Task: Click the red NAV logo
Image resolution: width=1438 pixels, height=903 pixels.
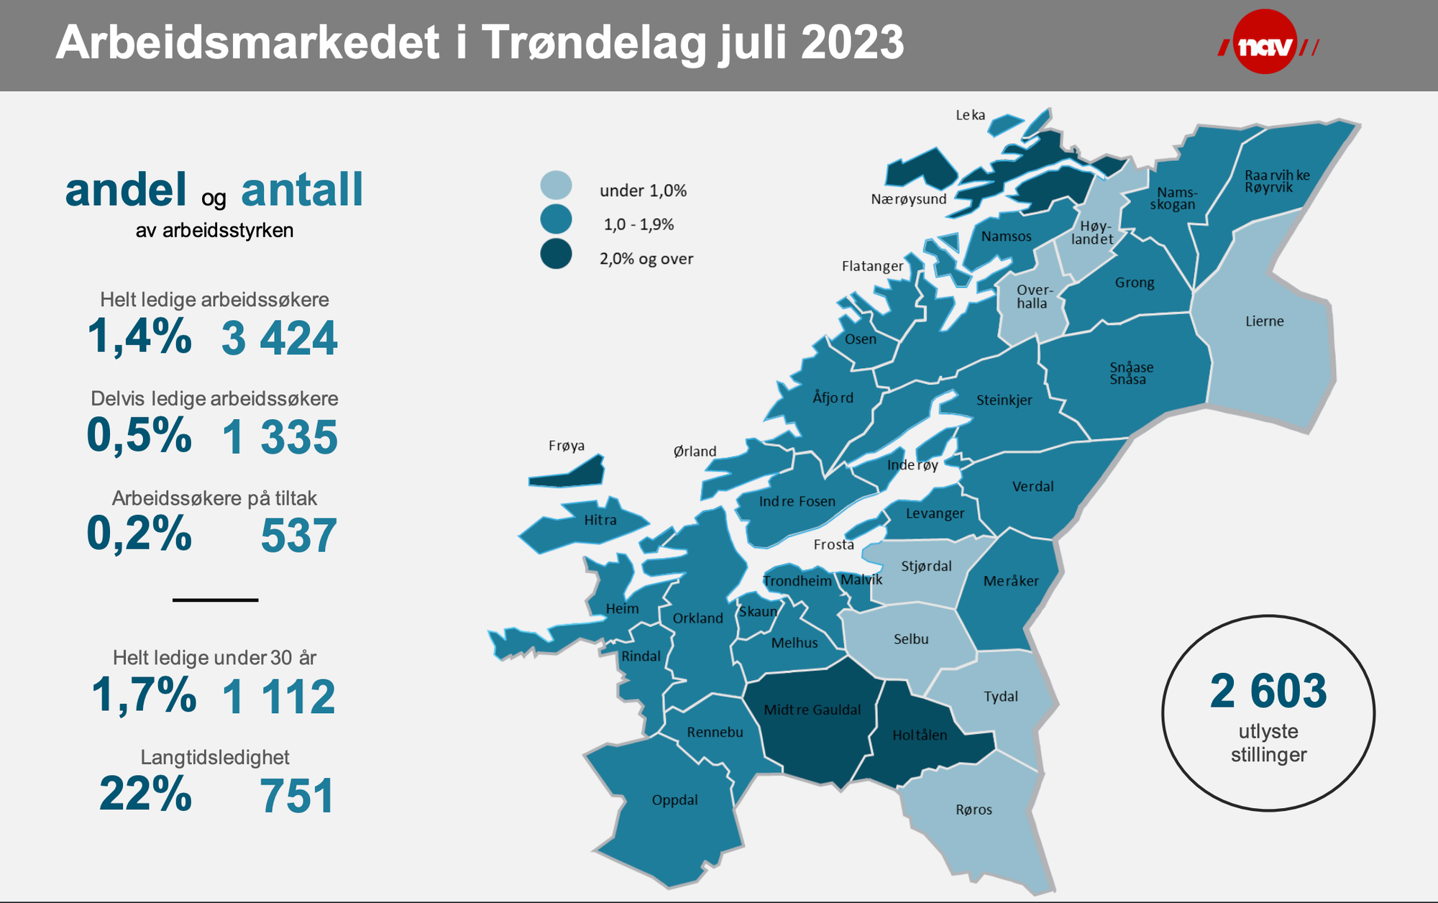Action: (1265, 43)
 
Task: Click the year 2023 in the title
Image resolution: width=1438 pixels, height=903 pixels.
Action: (851, 43)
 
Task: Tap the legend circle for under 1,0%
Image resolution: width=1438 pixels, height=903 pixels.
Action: (556, 185)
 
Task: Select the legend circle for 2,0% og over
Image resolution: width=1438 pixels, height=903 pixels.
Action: (556, 255)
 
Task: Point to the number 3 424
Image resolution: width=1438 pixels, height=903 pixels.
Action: (279, 339)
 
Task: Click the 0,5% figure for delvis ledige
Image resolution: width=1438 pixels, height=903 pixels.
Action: (139, 436)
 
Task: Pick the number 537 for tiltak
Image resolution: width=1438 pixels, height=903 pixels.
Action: (298, 536)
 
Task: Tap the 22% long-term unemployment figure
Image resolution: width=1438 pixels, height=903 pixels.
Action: (145, 794)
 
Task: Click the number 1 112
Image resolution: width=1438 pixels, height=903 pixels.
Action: (278, 697)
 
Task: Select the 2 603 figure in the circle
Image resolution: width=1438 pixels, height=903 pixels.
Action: (1268, 692)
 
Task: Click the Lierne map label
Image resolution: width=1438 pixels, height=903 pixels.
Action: (1264, 321)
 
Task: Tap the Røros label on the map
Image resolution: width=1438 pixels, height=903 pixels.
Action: (974, 810)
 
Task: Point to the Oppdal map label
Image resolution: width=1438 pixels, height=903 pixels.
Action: (674, 800)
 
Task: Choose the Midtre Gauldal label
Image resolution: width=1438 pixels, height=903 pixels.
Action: (812, 710)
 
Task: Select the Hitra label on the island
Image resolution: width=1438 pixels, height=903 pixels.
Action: (600, 521)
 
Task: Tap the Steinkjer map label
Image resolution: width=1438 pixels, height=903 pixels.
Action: (1004, 400)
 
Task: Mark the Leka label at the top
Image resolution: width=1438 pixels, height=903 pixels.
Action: (970, 115)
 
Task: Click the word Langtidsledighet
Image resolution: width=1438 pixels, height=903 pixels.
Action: (215, 757)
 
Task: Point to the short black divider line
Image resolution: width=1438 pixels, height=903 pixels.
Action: (215, 600)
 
